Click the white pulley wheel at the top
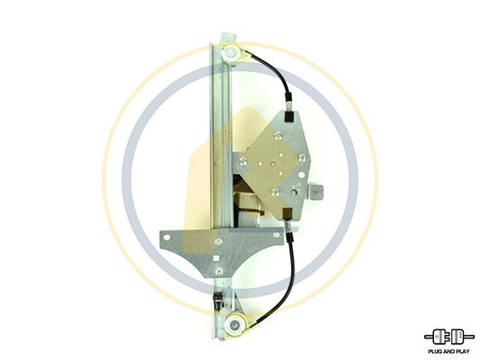tap(231, 54)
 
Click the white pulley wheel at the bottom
tap(234, 326)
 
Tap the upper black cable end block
tap(288, 116)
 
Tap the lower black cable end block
tap(287, 213)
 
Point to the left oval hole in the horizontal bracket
tap(168, 238)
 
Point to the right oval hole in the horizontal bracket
tap(276, 235)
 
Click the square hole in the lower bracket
tap(216, 257)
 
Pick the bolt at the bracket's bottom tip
tap(219, 272)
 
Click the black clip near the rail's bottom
tap(217, 298)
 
